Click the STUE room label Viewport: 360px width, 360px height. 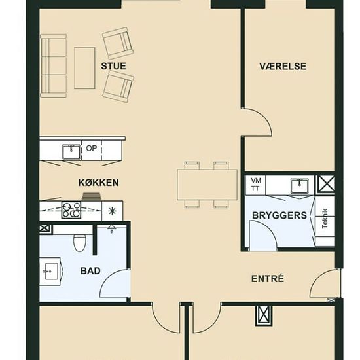click(113, 66)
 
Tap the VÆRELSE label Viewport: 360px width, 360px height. click(283, 66)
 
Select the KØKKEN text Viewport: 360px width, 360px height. click(99, 183)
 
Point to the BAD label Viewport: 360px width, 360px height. click(90, 271)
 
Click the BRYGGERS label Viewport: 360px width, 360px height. click(279, 215)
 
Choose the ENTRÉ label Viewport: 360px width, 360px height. click(268, 278)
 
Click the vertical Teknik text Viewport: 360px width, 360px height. click(325, 219)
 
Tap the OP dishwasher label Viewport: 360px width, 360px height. click(92, 149)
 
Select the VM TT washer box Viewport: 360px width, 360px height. click(255, 185)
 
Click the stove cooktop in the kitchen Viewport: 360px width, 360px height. click(71, 210)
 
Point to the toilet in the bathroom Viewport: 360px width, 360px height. click(80, 243)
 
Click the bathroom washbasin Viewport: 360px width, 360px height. click(51, 272)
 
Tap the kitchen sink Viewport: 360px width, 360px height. click(71, 152)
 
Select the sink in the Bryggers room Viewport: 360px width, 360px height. click(299, 186)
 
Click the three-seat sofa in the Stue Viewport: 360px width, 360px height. click(53, 66)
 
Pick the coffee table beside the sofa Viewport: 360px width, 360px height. click(84, 68)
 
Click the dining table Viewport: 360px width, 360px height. click(207, 185)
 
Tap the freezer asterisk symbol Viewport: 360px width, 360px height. click(112, 211)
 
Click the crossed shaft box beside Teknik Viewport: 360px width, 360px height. click(326, 183)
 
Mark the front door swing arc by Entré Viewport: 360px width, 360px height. click(318, 279)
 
